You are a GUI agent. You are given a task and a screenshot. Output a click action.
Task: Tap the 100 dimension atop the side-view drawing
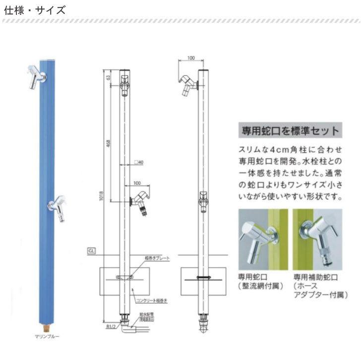pos(191,59)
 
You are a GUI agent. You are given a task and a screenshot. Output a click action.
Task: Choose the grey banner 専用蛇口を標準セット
pos(290,131)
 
